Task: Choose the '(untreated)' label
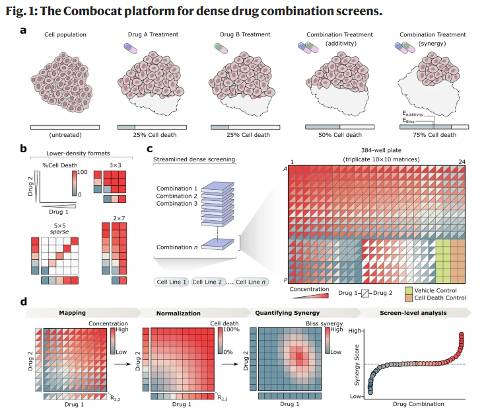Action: [65, 135]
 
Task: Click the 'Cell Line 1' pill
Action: [172, 282]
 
